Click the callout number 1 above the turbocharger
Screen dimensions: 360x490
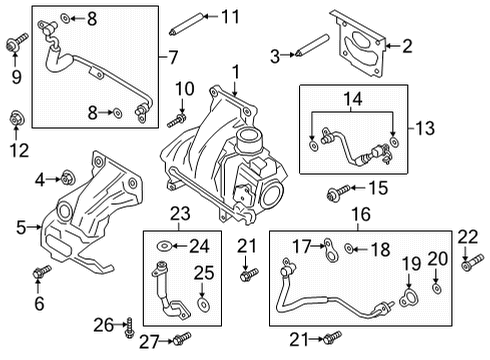[236, 72]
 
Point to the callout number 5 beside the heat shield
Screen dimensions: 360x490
[20, 227]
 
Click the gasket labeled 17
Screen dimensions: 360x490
[328, 247]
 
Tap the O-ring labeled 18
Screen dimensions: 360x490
[349, 248]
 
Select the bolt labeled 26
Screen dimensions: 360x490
[131, 325]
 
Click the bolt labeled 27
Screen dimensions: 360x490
[181, 339]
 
